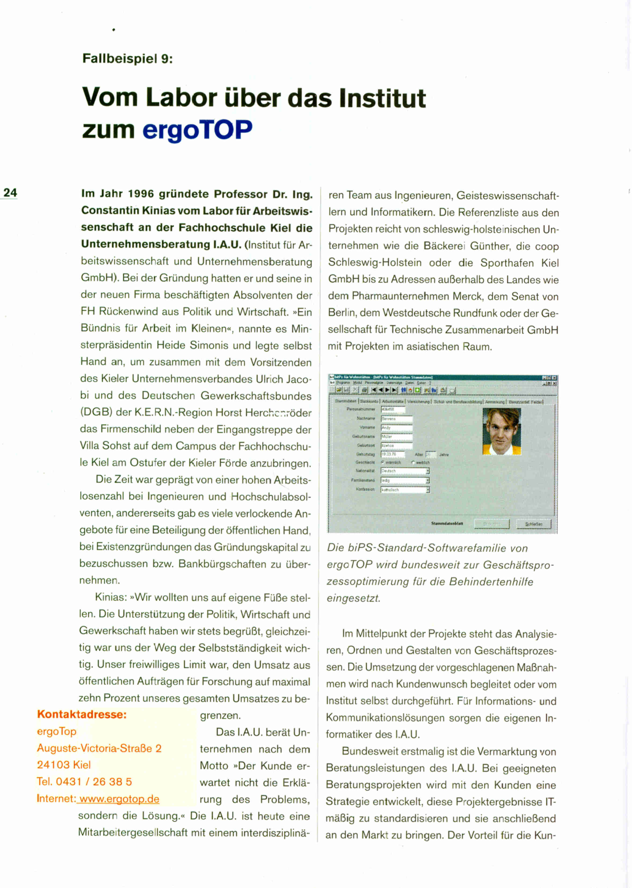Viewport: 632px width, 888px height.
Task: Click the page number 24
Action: [x=10, y=193]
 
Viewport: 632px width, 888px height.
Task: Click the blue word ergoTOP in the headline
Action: [x=197, y=130]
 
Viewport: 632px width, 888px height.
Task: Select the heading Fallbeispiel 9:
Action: [x=127, y=59]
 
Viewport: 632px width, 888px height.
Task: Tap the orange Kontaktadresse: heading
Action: [x=82, y=714]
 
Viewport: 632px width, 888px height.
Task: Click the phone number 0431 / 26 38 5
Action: [x=94, y=781]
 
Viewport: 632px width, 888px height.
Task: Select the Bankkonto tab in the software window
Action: [x=369, y=401]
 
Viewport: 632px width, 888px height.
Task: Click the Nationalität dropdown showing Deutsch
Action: [x=405, y=471]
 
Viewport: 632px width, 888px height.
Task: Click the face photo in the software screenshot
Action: [x=502, y=431]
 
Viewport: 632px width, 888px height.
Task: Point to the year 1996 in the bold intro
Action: [x=141, y=194]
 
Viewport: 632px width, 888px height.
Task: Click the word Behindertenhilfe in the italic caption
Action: [x=491, y=581]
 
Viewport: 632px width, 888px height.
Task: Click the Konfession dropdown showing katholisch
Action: [x=405, y=490]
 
